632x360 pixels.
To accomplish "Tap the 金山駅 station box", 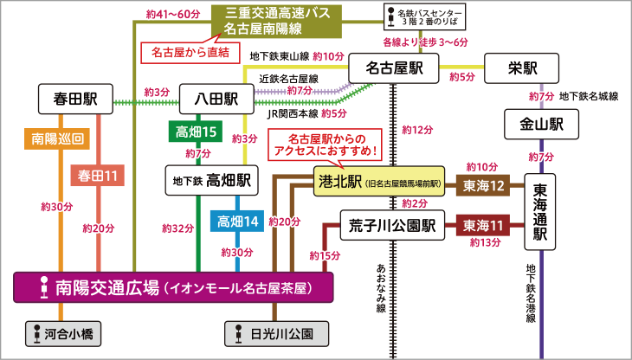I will pyautogui.click(x=542, y=125).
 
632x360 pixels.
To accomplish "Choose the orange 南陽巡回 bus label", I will pyautogui.click(x=57, y=138).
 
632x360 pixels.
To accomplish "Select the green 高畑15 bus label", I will pyautogui.click(x=196, y=132).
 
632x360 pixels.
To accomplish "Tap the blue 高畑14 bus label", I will pyautogui.click(x=238, y=222).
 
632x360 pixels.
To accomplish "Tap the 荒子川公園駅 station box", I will pyautogui.click(x=392, y=225).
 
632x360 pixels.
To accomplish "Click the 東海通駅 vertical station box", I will pyautogui.click(x=542, y=212).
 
